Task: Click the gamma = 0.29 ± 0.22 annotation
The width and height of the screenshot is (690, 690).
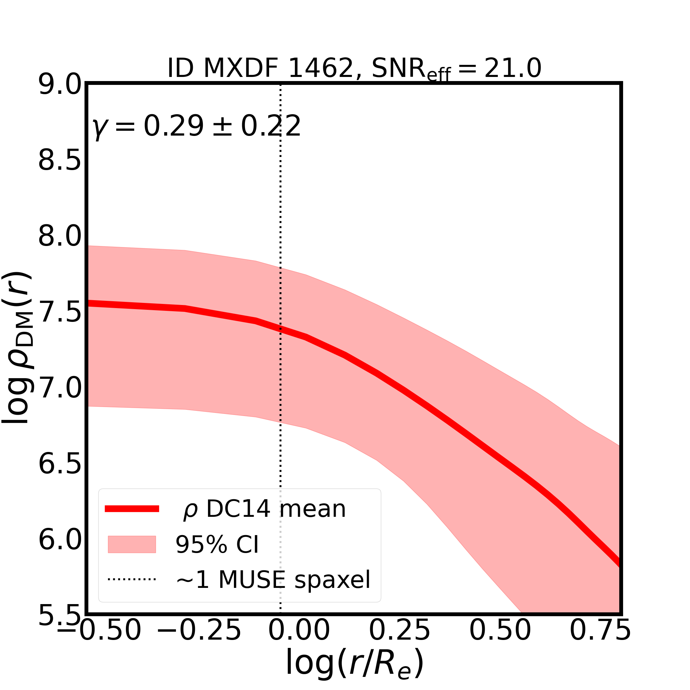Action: click(x=196, y=127)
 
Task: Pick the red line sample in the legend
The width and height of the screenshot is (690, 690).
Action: click(x=132, y=509)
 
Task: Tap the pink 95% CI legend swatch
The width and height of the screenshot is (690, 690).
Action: click(x=132, y=544)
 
